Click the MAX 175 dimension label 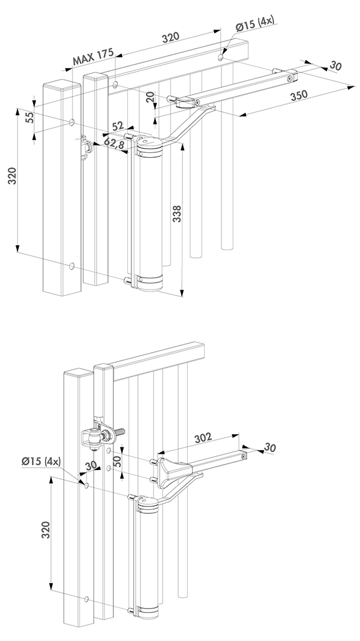point(93,58)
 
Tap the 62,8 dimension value point(115,143)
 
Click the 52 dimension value point(118,126)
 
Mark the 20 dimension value point(149,96)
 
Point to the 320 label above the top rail point(171,37)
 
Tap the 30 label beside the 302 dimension point(269,447)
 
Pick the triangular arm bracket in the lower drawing point(173,470)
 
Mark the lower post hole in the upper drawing point(72,265)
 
